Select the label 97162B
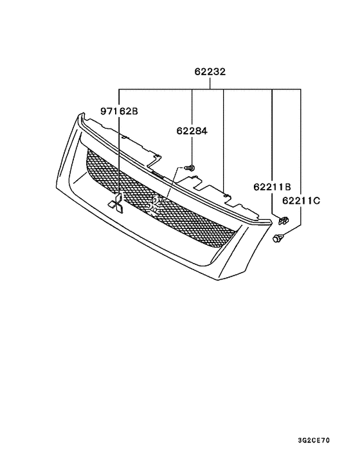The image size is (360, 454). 118,111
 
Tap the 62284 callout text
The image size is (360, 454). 192,132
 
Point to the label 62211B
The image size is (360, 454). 272,187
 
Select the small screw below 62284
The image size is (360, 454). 190,168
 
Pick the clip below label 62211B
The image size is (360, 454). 283,221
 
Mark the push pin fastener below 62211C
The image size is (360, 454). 278,240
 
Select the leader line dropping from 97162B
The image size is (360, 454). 118,154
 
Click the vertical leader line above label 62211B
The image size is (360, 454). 272,135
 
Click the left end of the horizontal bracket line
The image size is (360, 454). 118,88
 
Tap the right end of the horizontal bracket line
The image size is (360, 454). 301,88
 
